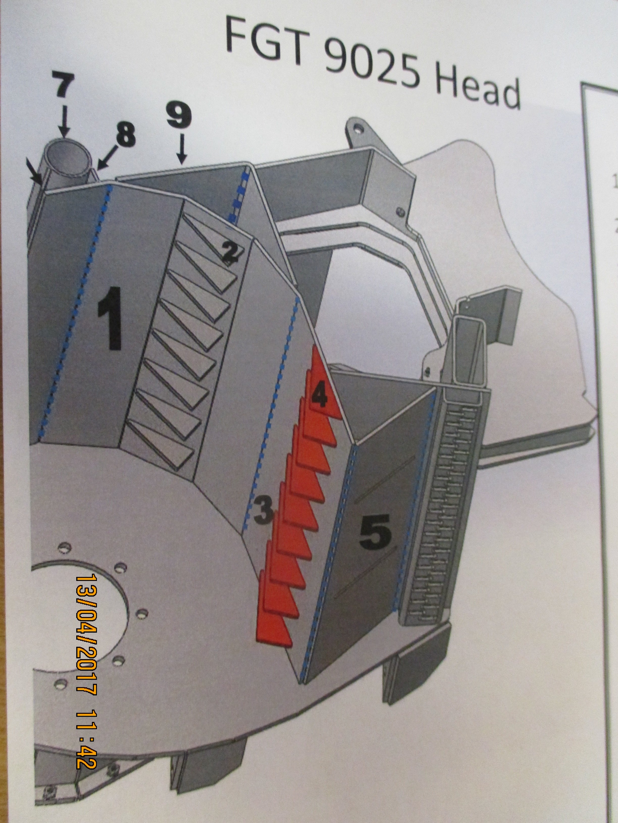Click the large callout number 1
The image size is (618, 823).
pyautogui.click(x=110, y=318)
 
